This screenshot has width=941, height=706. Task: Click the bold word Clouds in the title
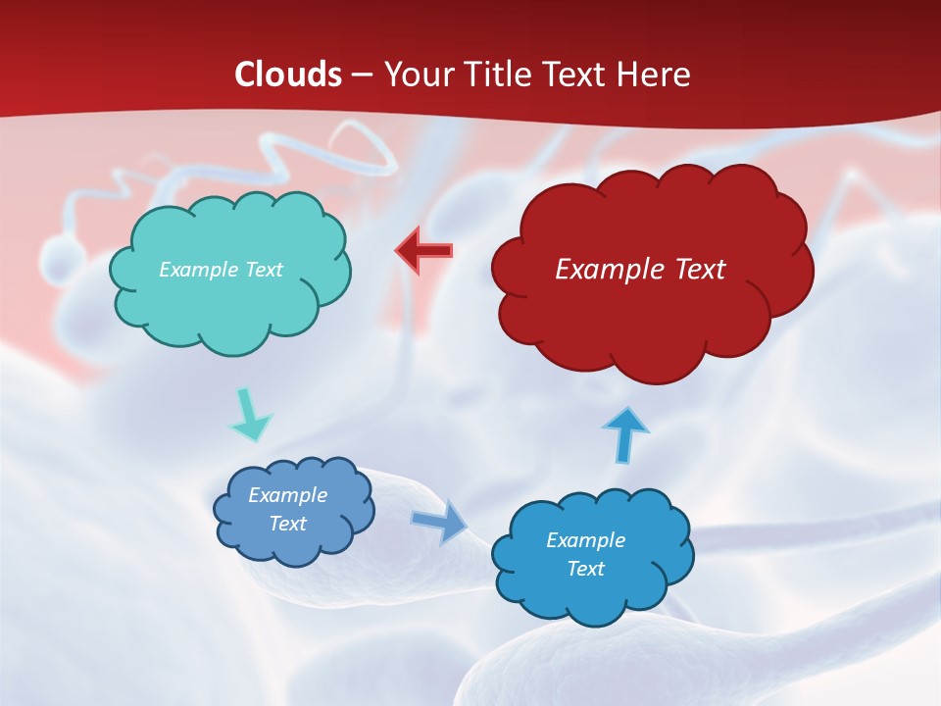288,75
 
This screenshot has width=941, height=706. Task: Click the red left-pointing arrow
423,250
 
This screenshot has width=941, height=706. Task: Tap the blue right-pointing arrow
439,521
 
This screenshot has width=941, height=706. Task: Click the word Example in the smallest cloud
287,495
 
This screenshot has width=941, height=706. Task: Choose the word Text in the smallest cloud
287,524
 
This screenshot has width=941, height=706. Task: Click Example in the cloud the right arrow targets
585,540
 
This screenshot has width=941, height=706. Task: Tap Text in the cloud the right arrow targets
585,569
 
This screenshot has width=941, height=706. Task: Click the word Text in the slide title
581,75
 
